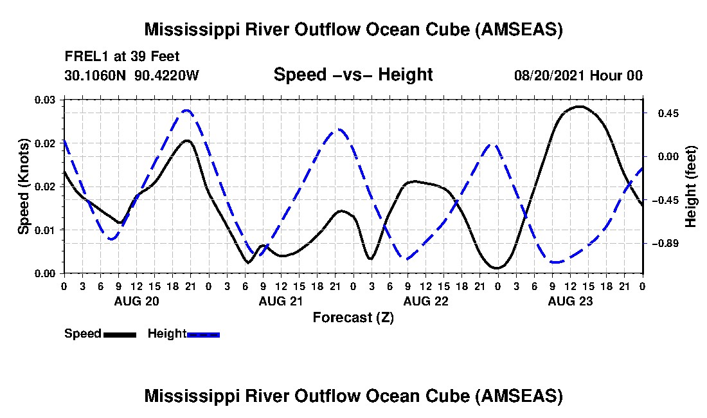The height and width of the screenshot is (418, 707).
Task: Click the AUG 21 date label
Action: (281, 301)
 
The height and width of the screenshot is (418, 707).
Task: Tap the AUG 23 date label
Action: (570, 301)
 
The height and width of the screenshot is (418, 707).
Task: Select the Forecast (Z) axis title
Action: (353, 317)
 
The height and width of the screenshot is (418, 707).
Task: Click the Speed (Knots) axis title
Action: (24, 186)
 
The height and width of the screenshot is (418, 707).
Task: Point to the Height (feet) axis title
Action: (691, 186)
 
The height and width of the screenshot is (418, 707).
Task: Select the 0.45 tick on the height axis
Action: (662, 113)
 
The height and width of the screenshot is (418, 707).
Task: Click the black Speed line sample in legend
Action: (120, 334)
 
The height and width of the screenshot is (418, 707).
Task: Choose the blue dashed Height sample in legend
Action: (204, 334)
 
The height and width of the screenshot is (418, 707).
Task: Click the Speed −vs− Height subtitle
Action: (353, 75)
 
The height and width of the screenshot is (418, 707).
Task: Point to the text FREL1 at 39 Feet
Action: (122, 56)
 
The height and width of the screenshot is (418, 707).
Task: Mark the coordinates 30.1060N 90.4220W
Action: (132, 75)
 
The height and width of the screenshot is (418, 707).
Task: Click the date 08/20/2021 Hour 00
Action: (578, 75)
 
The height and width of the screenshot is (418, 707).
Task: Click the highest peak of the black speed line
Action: (579, 106)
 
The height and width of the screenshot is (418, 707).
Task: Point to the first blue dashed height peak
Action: (186, 111)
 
